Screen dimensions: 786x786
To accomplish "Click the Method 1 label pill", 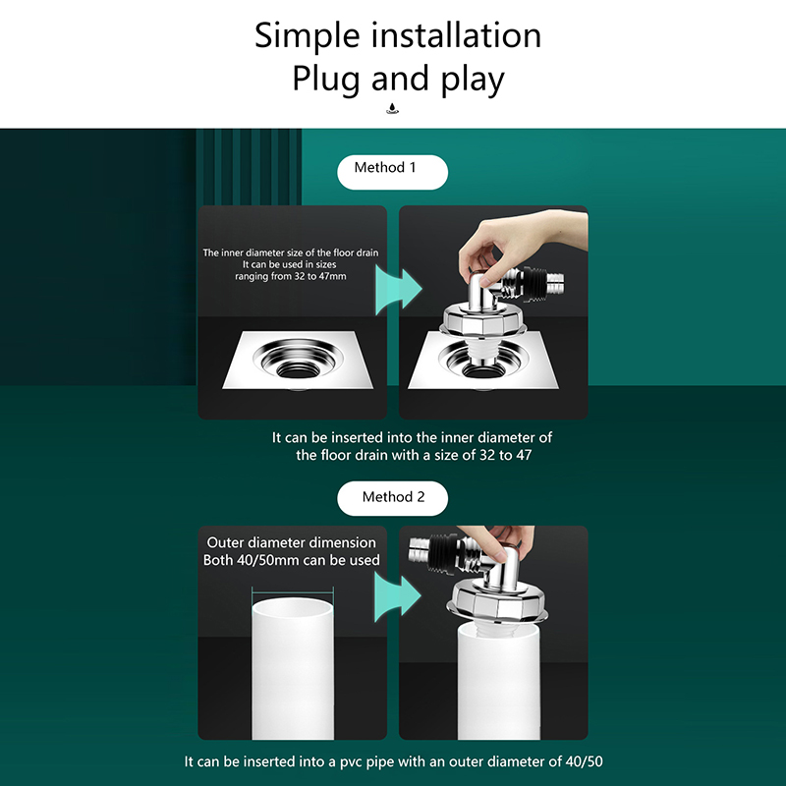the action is tap(392, 172).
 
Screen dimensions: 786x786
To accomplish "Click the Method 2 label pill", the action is tap(392, 498).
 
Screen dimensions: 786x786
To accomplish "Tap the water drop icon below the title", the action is tap(392, 108).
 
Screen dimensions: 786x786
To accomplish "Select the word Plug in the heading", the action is tap(326, 80).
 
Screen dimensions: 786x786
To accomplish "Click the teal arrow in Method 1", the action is tap(399, 290).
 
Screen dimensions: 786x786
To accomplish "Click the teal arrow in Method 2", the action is tap(398, 597).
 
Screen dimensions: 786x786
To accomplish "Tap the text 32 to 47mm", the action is tap(320, 276).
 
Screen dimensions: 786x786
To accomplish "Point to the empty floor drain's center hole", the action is tap(299, 370).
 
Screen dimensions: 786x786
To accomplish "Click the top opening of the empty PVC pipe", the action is tap(292, 608).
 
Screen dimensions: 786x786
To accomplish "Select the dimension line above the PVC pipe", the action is tap(292, 592).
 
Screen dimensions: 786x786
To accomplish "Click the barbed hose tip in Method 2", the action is tap(420, 550).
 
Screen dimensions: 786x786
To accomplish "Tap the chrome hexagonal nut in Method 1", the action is tap(483, 318).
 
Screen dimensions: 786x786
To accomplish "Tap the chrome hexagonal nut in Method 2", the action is tap(497, 600).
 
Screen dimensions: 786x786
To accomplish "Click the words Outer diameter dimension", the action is tap(291, 542).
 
